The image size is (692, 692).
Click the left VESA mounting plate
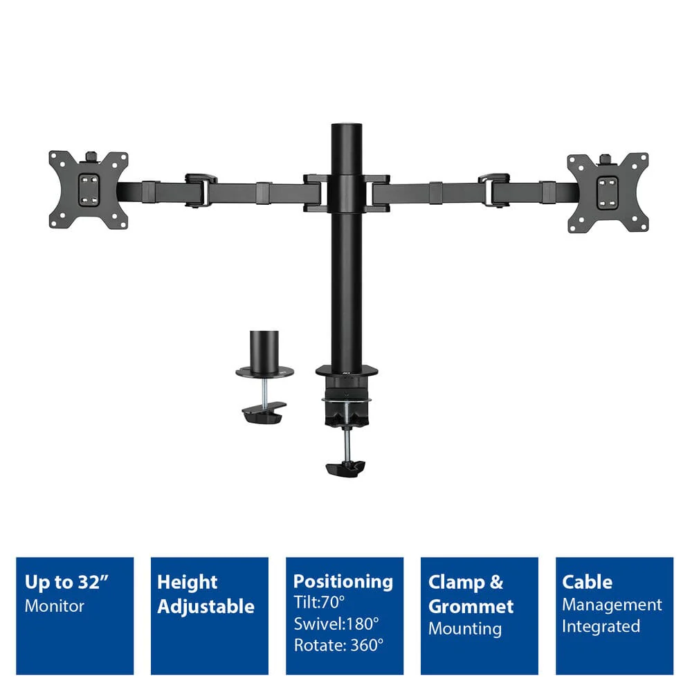point(89,190)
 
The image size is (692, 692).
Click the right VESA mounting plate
point(608,192)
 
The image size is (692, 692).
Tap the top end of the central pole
point(347,125)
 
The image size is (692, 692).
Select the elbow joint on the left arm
point(201,190)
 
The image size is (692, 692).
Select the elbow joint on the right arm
point(494,190)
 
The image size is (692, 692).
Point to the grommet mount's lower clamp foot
point(264,413)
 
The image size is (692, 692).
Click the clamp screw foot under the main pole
point(345,468)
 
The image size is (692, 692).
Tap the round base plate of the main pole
point(347,372)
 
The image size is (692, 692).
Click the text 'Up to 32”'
point(66,582)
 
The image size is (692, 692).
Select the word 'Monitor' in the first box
point(54,606)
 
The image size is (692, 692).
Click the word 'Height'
point(187,583)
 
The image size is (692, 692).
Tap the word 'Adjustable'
point(206,607)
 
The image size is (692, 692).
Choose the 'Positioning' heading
point(343,582)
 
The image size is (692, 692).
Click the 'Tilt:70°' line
point(319,602)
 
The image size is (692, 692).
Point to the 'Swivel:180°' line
point(336,623)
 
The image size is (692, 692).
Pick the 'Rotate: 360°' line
point(339,645)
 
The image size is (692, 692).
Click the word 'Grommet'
point(471,607)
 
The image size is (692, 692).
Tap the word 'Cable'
point(587,582)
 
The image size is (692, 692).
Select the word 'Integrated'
point(601,627)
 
